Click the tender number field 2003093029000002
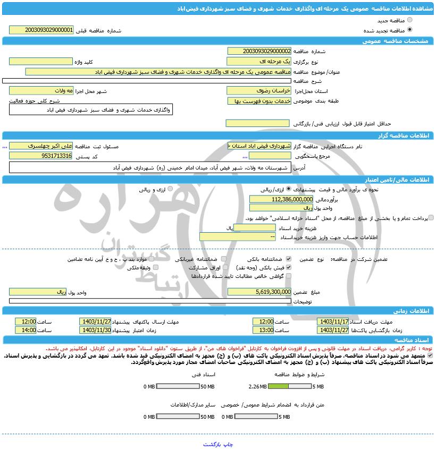259,51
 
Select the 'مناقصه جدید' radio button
409,20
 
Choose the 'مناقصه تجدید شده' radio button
409,30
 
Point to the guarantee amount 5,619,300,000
259,292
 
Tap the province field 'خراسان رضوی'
259,91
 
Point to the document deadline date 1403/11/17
332,321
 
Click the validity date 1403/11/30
95,330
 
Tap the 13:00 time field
263,330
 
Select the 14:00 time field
26,330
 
